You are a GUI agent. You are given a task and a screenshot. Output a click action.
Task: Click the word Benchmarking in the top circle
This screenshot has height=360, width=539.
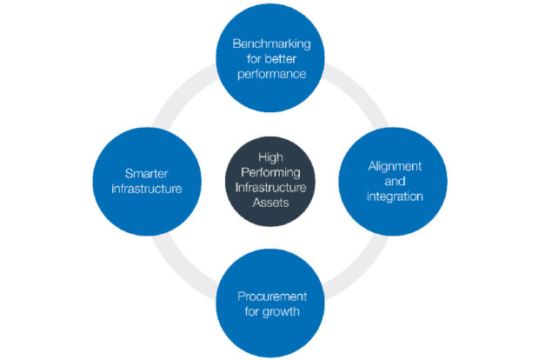click(x=271, y=44)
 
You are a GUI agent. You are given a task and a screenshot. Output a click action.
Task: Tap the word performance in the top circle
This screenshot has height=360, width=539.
click(x=271, y=75)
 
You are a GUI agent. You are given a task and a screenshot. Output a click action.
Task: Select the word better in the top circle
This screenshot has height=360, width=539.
click(x=281, y=59)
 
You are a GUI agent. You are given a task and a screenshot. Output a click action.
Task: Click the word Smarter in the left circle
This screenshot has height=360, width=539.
click(x=146, y=173)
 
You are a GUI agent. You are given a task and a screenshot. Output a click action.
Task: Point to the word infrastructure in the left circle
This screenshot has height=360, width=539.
click(x=147, y=189)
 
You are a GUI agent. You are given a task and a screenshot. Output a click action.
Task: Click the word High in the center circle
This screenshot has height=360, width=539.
click(x=270, y=157)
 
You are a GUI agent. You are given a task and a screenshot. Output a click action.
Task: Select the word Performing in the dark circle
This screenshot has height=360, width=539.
click(x=270, y=172)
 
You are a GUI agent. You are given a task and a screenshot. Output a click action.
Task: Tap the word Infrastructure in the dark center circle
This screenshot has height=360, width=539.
click(x=270, y=188)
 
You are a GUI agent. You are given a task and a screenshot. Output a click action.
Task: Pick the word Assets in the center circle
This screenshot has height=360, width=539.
click(x=270, y=203)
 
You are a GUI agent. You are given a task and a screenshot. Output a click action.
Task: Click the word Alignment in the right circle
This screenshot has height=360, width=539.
click(x=395, y=167)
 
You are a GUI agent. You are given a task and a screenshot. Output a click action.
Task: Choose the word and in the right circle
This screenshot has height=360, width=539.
click(x=395, y=181)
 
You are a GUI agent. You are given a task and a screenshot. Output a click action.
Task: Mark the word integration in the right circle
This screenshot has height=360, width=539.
click(x=395, y=197)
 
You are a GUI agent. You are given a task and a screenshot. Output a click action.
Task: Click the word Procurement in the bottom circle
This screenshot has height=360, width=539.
click(x=272, y=297)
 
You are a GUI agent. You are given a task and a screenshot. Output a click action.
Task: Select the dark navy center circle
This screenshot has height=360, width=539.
click(x=270, y=181)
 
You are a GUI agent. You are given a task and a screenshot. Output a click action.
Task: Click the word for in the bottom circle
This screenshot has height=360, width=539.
click(x=251, y=311)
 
